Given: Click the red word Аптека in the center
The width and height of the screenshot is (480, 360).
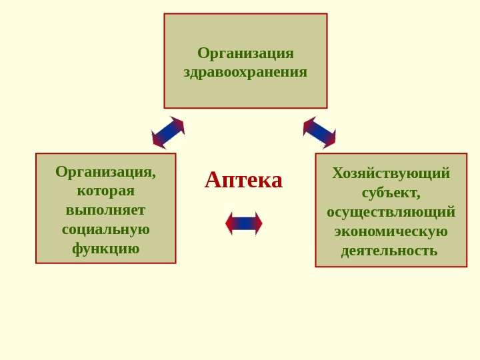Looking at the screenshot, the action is [x=243, y=179].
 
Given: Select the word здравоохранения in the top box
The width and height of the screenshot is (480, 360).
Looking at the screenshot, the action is [x=245, y=71].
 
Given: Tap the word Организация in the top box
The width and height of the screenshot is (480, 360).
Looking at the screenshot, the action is [x=245, y=53].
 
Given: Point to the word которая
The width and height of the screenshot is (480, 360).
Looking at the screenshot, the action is [x=105, y=191].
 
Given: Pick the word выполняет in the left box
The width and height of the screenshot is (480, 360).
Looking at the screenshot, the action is [x=105, y=210].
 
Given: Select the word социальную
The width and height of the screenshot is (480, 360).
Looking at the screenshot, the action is [x=105, y=229].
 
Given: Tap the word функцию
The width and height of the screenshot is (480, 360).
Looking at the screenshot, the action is [x=105, y=248].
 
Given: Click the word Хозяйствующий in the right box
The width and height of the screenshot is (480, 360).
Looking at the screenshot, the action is [x=391, y=173].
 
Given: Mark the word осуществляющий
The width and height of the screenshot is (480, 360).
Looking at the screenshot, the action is [x=391, y=211].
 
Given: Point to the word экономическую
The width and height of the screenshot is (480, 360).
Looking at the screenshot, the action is [x=391, y=231].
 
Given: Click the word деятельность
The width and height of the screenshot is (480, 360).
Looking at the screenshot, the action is [x=389, y=250].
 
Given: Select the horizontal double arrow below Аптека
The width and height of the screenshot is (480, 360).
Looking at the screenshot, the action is [x=244, y=223].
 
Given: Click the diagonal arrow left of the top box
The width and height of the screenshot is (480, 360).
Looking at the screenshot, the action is [x=168, y=132].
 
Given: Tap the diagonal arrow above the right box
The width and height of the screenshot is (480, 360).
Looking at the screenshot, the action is [x=319, y=132].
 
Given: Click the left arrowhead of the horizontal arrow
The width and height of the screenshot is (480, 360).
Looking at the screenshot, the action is [x=229, y=223].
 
